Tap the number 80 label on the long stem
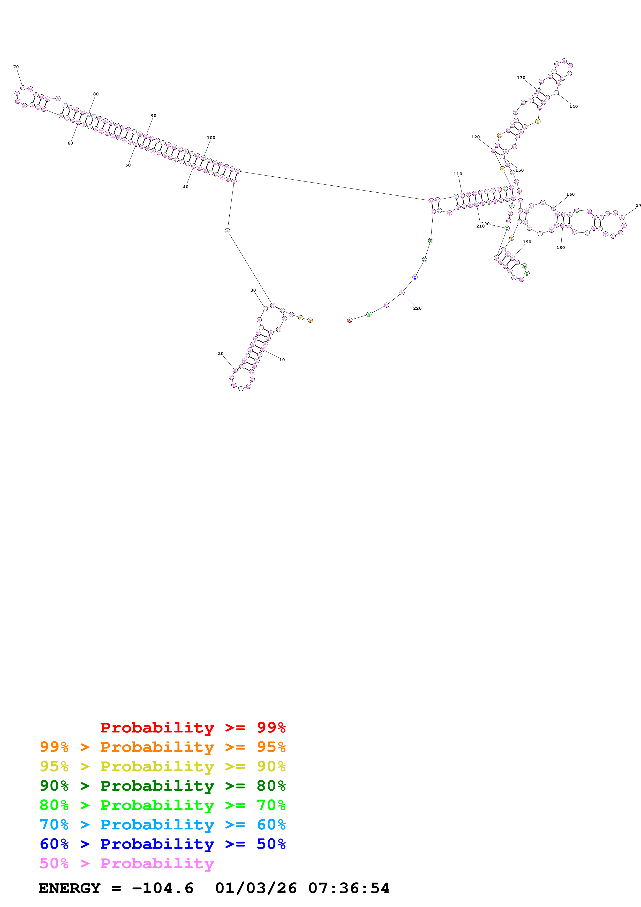pos(96,94)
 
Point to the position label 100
pos(211,138)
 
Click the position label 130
pos(521,78)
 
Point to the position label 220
pos(417,308)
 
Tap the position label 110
pos(458,174)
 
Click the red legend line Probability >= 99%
pos(193,728)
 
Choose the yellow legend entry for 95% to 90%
pos(162,766)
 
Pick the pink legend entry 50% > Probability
pos(127,863)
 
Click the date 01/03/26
pos(256,888)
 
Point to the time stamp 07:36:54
pos(349,888)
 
